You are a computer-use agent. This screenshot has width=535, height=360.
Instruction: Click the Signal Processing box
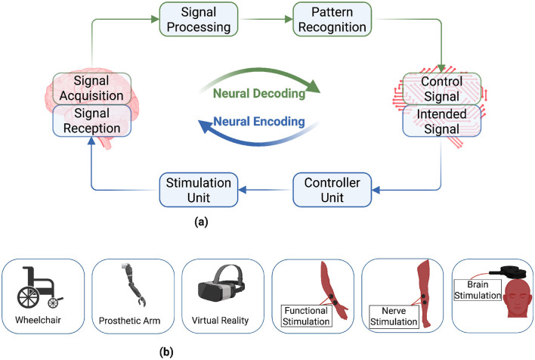coord(199,20)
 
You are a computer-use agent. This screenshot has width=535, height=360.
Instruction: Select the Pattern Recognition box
coord(332,20)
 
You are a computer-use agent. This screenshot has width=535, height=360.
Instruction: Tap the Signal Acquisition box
coord(91,88)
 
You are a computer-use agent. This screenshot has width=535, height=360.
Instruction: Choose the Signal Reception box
coord(91,120)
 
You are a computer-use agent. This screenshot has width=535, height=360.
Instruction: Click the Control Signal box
coord(442,88)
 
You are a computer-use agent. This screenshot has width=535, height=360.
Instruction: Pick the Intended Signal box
coord(442,121)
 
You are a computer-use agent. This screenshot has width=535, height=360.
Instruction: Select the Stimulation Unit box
coord(199,190)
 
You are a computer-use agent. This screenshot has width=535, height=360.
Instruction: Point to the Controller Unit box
coord(332,190)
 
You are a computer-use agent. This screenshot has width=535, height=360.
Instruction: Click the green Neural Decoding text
coord(259,93)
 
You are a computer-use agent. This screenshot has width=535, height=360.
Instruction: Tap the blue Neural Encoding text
coord(259,121)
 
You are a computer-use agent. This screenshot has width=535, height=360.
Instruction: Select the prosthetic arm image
coord(134,284)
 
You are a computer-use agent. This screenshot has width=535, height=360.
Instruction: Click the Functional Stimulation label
coord(306,316)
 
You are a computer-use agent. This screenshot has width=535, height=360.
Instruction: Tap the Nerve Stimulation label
coord(394,316)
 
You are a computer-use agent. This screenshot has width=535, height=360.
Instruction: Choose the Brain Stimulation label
coord(478,290)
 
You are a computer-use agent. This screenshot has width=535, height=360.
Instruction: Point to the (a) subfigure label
coord(201,222)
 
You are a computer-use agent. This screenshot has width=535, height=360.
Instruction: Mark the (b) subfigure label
coord(166,352)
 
